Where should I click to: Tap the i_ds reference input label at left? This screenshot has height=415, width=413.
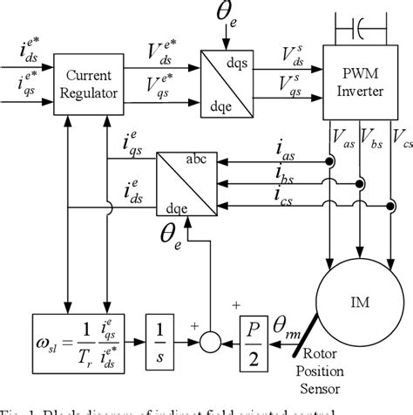click(20, 61)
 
